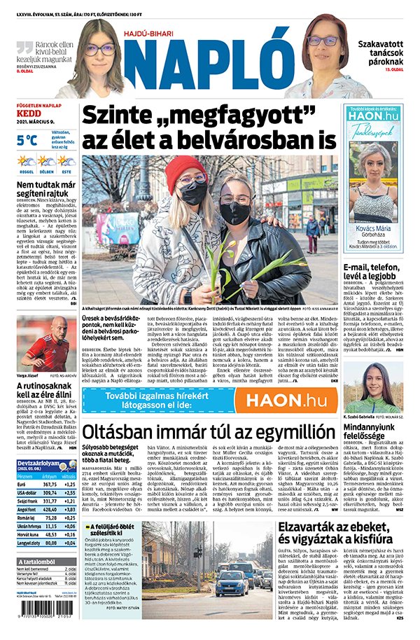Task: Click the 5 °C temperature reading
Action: point(27,140)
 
